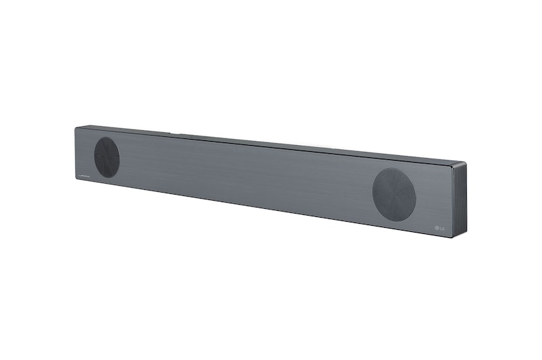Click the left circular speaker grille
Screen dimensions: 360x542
pos(107,157)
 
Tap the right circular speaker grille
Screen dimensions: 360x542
pos(394,194)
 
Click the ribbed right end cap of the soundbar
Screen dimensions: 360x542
pos(461,201)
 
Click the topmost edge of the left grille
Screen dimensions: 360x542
pos(106,138)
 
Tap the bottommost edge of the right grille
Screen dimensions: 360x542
pos(396,220)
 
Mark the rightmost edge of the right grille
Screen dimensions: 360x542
pos(419,195)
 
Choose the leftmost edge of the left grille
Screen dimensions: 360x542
pos(94,157)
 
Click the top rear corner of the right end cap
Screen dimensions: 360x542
pos(466,163)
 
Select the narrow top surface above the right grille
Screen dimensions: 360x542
pos(393,155)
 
